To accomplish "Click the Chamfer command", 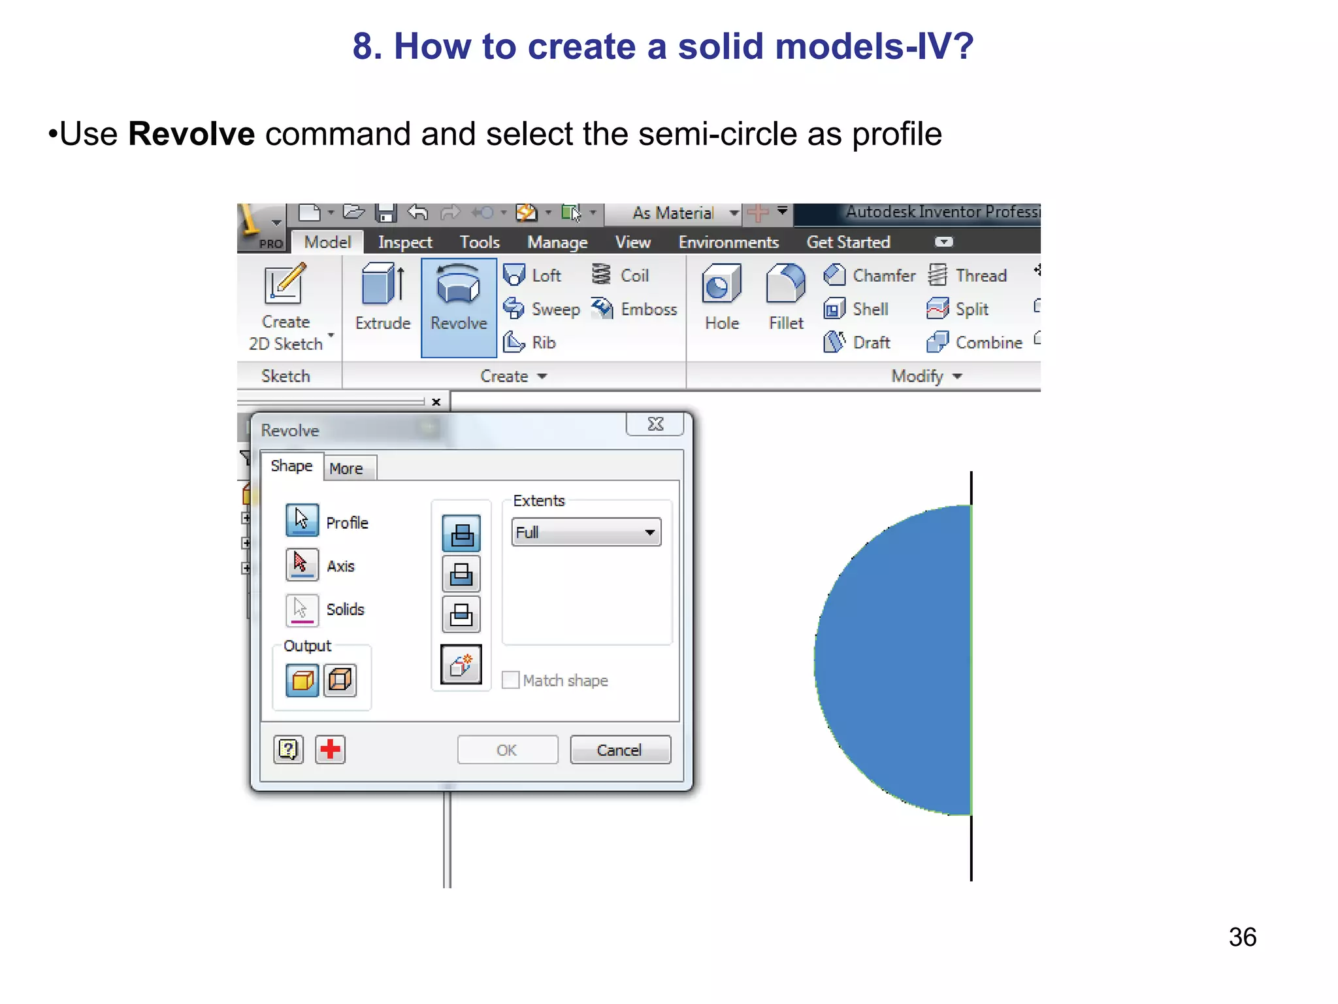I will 870,275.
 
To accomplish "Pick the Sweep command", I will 542,309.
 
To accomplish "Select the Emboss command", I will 634,309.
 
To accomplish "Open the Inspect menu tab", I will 404,243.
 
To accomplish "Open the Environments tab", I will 728,243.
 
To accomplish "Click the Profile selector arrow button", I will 302,520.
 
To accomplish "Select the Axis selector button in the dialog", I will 302,564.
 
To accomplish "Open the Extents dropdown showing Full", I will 586,532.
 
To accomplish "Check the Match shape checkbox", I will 511,680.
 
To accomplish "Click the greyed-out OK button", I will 507,750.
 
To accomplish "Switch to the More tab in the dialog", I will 346,469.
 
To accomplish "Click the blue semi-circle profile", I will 902,660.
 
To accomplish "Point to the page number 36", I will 1242,937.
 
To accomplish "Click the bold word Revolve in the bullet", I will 191,134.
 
